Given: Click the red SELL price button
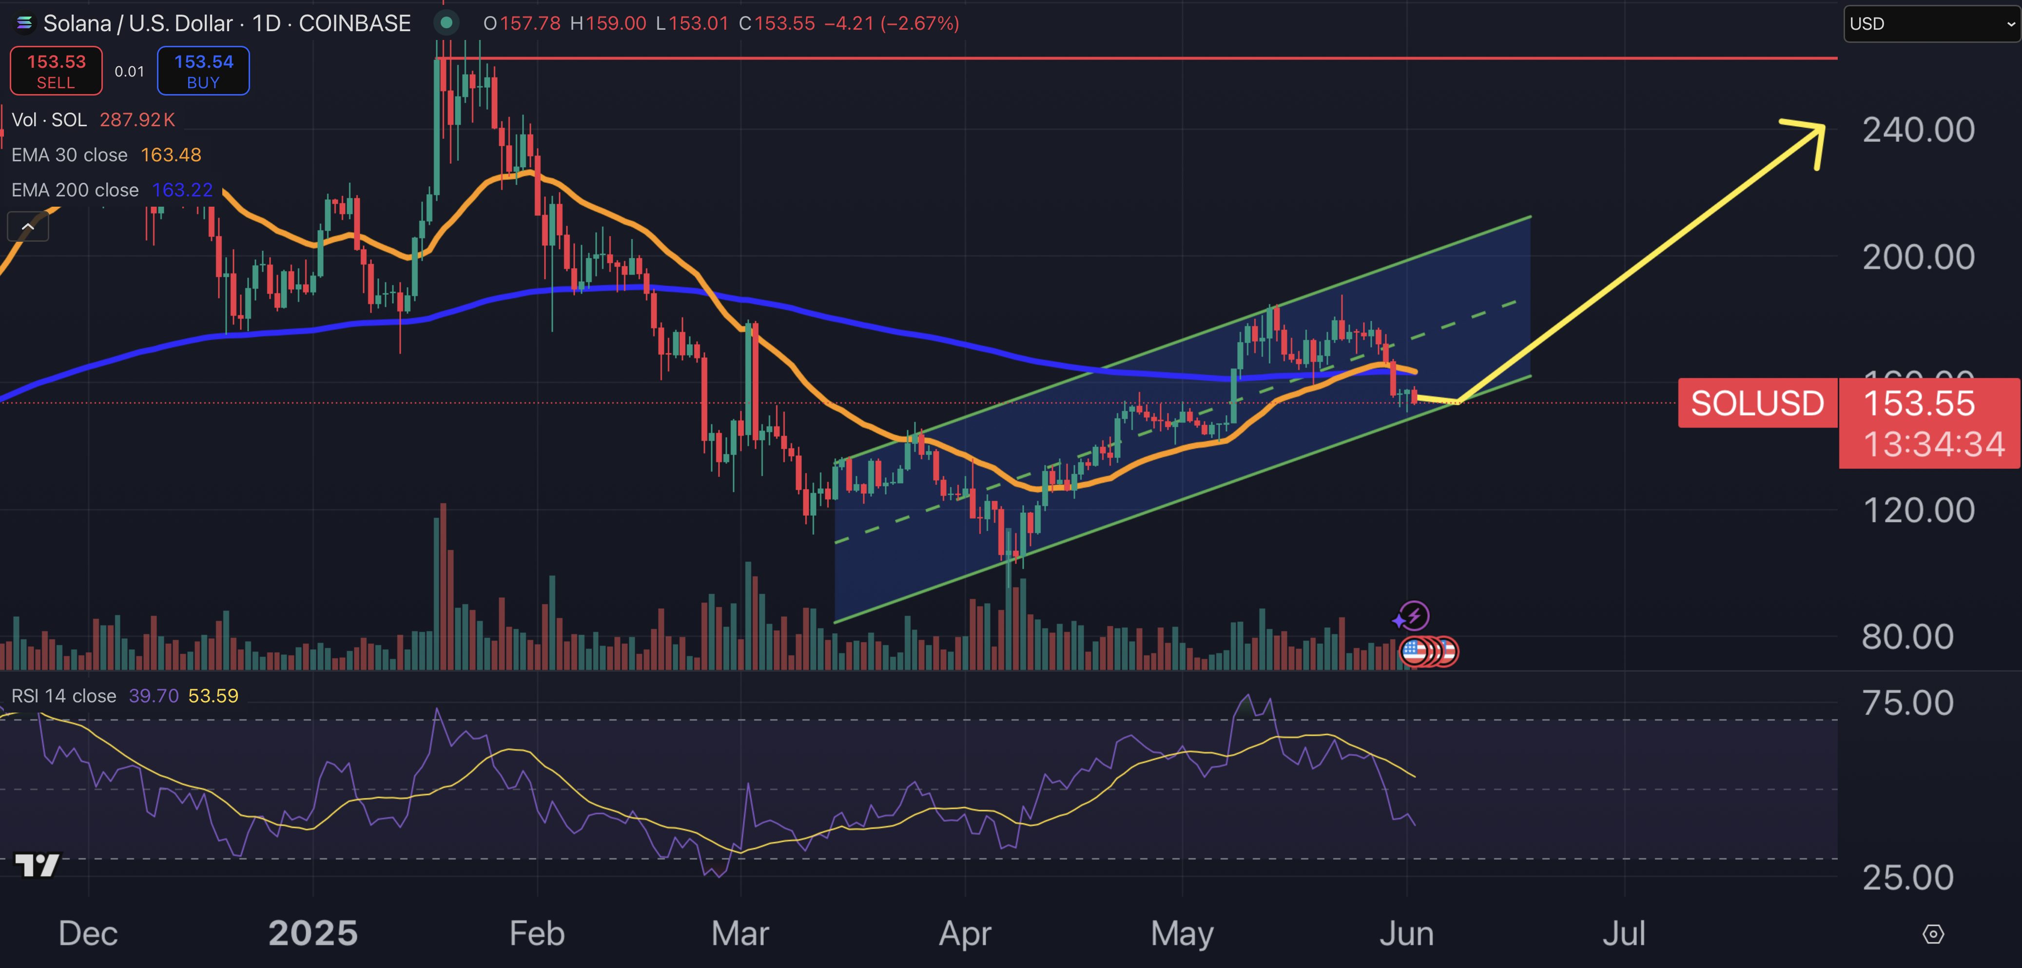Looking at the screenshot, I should tap(56, 71).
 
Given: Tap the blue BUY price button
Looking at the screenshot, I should tap(203, 71).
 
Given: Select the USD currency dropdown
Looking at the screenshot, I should tap(1931, 23).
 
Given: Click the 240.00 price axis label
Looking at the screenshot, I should tap(1918, 130).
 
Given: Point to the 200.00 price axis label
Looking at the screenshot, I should tap(1918, 257).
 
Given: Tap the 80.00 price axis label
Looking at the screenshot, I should tap(1907, 637).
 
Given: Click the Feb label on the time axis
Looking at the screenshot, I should tap(537, 933).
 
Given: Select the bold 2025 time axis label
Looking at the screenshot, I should tap(312, 933).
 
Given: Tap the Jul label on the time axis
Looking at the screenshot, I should tap(1623, 933).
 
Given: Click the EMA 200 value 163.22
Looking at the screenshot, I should tap(182, 190).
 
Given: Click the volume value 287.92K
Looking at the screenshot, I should tap(137, 120).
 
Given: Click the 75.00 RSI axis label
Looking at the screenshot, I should tap(1907, 703).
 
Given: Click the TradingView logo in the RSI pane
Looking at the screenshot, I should tap(37, 865).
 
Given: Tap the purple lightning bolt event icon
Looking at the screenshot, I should tap(1414, 616).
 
